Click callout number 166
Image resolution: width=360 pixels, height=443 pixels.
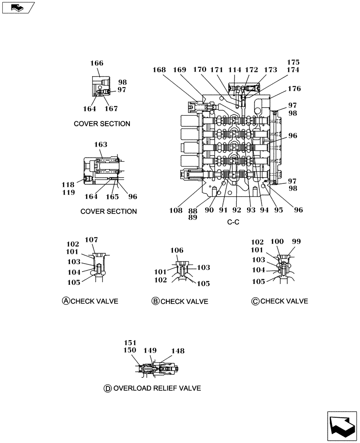[97, 63]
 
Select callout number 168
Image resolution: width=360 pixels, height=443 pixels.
[159, 70]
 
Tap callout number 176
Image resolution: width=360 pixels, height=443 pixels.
[293, 89]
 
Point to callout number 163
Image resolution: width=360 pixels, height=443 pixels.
[101, 144]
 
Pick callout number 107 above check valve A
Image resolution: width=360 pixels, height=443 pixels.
[91, 240]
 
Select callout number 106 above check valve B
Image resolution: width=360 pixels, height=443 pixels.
[177, 250]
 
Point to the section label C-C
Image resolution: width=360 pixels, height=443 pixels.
[233, 222]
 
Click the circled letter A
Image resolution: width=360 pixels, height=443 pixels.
[66, 301]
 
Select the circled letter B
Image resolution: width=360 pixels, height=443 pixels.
[155, 301]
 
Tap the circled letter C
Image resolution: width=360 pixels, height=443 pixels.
[255, 301]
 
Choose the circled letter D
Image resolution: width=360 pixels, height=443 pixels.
[107, 389]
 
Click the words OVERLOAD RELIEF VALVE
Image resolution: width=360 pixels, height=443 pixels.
[157, 389]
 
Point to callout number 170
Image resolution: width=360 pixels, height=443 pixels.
[200, 70]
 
